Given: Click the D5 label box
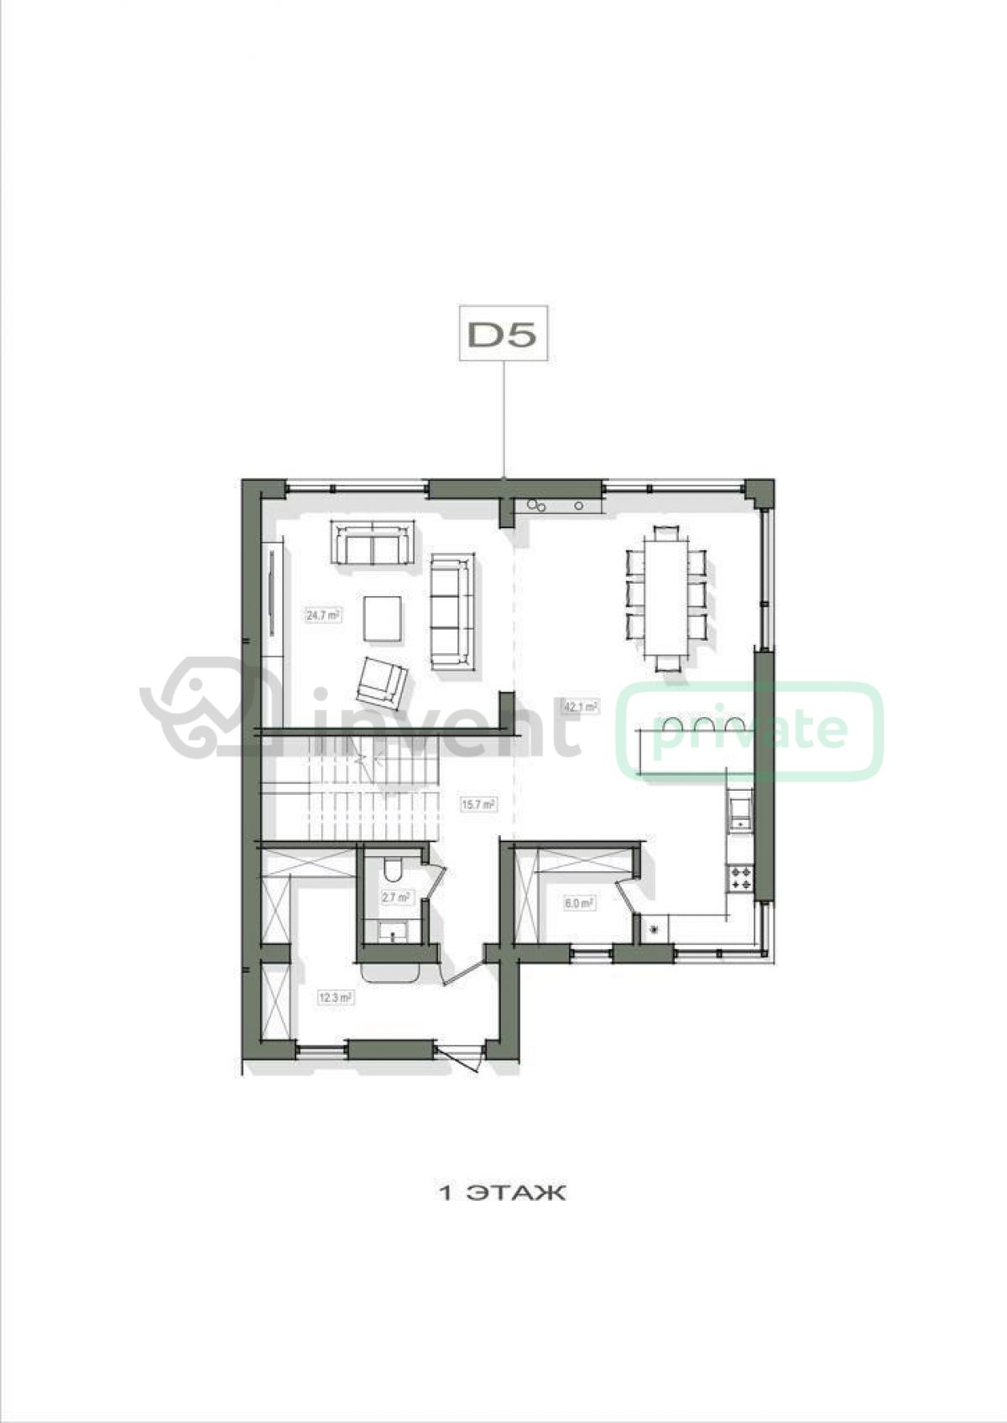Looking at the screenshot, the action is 503,334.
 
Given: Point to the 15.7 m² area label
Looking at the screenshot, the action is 478,803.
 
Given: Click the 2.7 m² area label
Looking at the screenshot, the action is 394,897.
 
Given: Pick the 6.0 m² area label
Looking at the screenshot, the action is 578,901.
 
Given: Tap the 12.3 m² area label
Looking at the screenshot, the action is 336,997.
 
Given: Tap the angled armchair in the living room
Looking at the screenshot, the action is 383,680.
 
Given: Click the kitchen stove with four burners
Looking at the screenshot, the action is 741,879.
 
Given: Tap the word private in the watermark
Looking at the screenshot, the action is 750,732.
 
